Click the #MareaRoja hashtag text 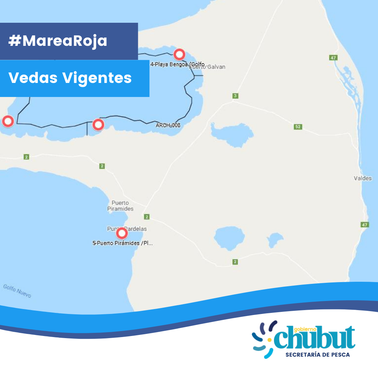(x=58, y=41)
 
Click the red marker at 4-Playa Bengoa (x=179, y=55)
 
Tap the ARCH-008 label (x=168, y=125)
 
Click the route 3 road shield (x=235, y=96)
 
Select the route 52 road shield (x=298, y=127)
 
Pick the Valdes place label (x=363, y=178)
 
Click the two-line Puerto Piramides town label (x=120, y=206)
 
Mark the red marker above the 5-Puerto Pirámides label (x=122, y=233)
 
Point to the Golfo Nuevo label (x=17, y=291)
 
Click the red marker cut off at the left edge (x=8, y=121)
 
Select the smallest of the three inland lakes (x=275, y=240)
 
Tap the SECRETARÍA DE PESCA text (x=317, y=355)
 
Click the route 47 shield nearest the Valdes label (x=365, y=225)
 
